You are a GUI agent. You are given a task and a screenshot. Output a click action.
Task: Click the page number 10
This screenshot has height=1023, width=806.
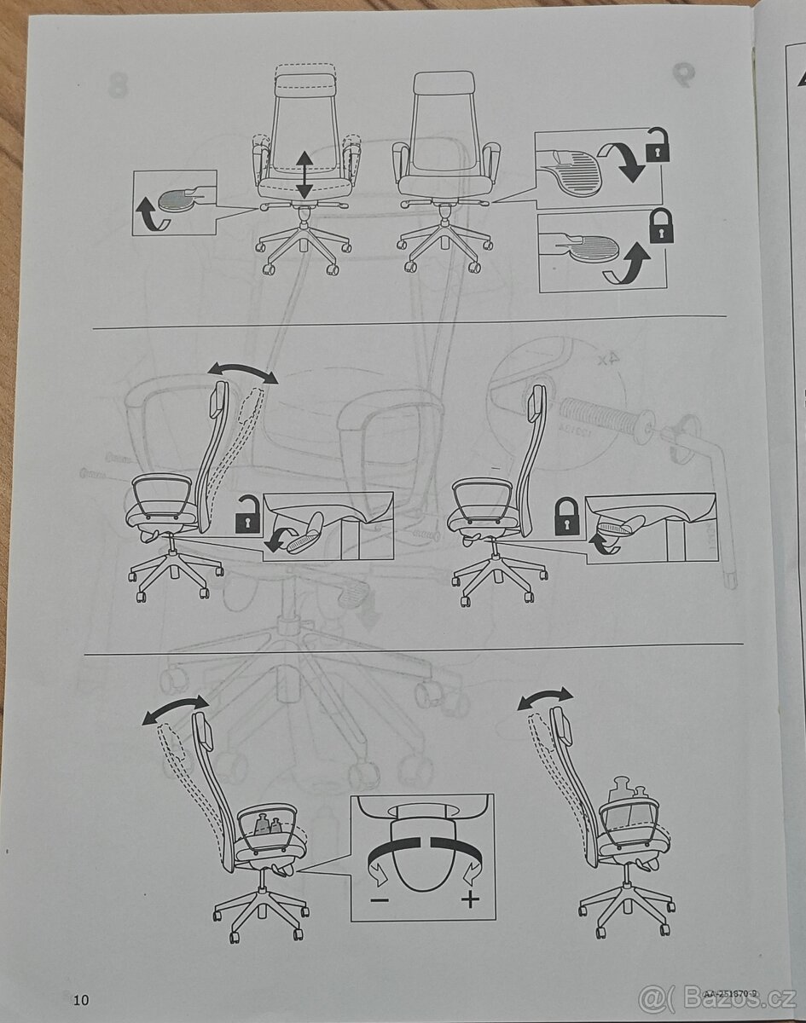81,1000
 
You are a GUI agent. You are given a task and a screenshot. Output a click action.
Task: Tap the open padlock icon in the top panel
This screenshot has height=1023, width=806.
658,147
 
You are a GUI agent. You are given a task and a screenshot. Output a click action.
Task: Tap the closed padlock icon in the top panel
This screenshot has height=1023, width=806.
660,226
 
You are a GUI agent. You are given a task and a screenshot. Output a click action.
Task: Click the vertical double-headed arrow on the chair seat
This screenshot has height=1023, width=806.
304,176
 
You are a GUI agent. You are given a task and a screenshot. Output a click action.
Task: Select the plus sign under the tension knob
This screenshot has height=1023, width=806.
469,899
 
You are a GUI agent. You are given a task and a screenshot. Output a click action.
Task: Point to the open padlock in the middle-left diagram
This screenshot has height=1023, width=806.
246,515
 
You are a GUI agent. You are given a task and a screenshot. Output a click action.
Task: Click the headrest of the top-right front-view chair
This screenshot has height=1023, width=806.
444,84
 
